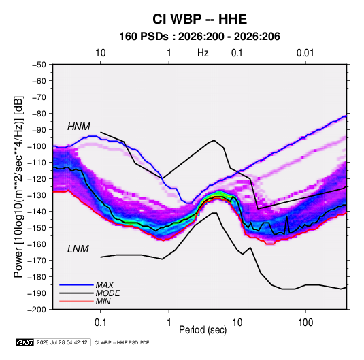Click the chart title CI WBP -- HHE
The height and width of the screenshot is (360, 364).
click(x=199, y=19)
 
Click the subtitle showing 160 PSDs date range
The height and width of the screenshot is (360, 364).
click(x=199, y=37)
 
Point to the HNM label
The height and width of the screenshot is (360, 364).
click(x=79, y=127)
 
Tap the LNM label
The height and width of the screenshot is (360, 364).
click(x=78, y=249)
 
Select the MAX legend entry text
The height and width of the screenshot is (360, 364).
click(x=105, y=285)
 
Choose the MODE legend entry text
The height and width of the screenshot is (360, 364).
click(x=108, y=293)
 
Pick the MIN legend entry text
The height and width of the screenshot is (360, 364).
click(x=103, y=301)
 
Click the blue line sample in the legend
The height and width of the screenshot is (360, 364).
click(x=76, y=285)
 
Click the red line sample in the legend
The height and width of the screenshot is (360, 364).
click(x=76, y=301)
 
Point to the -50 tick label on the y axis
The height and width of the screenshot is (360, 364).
click(x=39, y=65)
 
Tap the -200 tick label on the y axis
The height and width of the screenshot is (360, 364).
click(x=37, y=310)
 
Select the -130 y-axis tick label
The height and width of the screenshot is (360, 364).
click(x=37, y=195)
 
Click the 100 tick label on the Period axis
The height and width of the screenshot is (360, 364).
click(x=305, y=323)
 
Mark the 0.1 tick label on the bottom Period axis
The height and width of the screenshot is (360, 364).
click(x=100, y=323)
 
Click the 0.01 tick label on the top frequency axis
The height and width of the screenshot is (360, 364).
click(x=305, y=53)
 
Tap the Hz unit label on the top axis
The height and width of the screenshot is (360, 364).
click(x=203, y=53)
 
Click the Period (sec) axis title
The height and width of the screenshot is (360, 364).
click(x=203, y=330)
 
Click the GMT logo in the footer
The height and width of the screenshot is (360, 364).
click(x=25, y=342)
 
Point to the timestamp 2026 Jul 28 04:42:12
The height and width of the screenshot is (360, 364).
click(x=62, y=342)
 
